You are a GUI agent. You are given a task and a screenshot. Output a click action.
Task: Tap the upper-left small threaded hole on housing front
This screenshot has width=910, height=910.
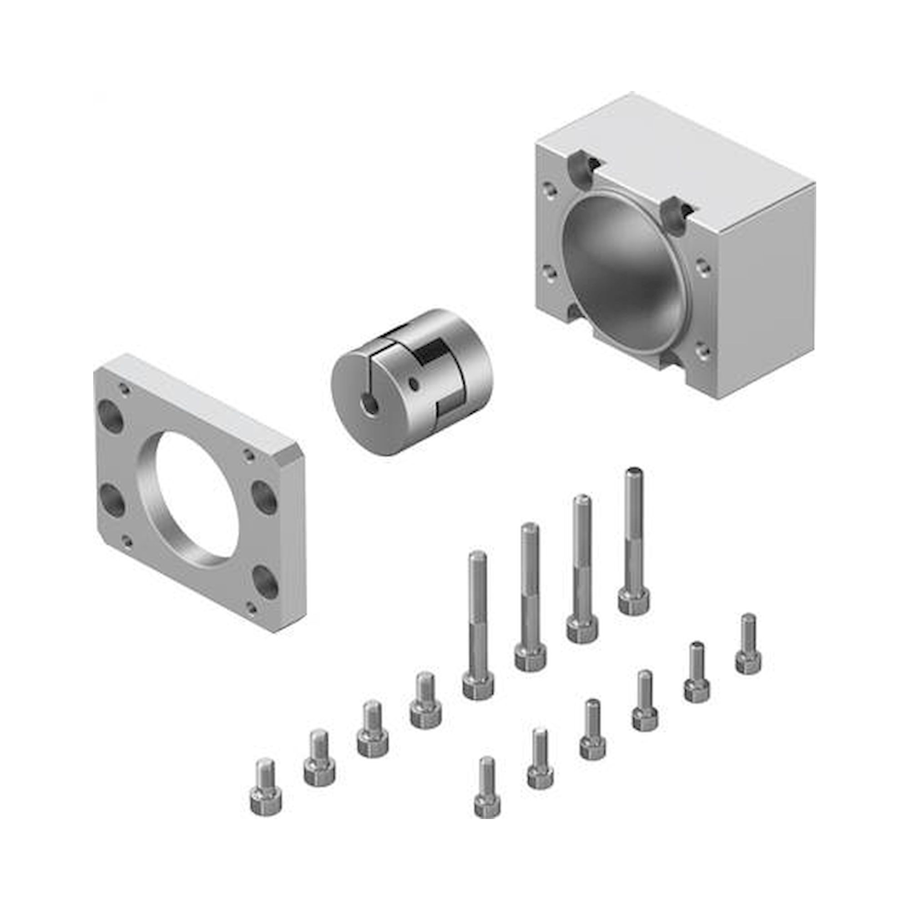tap(548, 189)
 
